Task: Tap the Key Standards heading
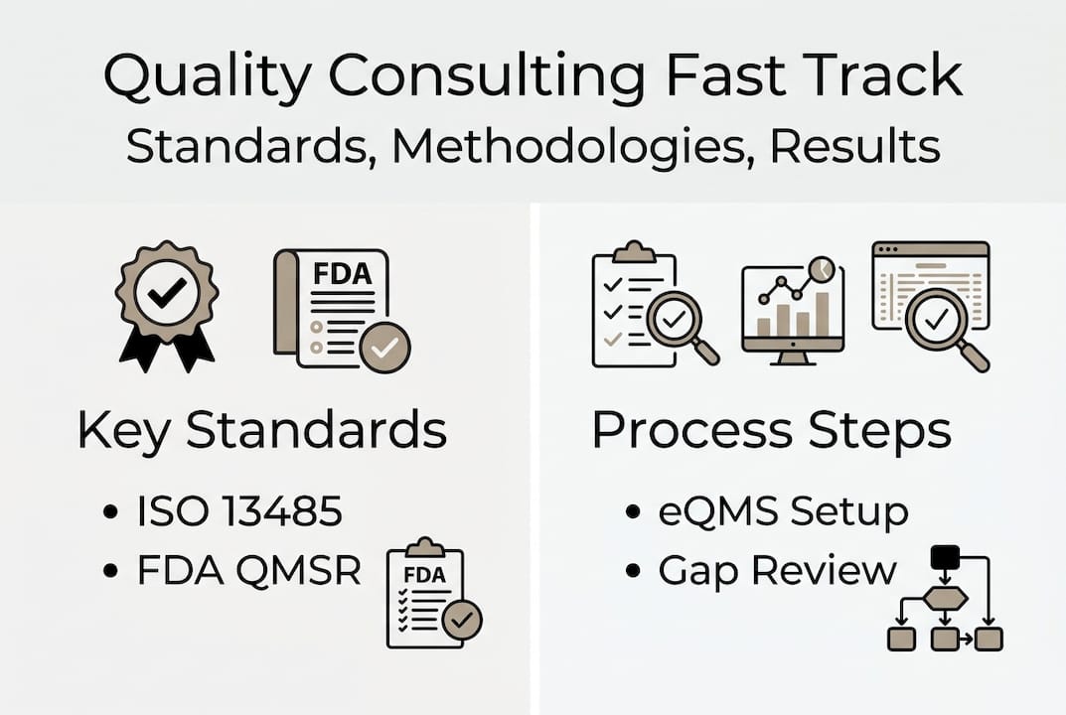262,430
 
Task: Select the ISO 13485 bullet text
239,511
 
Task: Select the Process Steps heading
771,430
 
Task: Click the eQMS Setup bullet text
783,511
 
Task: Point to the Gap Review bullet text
777,571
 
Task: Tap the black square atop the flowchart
944,557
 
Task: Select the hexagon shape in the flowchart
944,597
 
